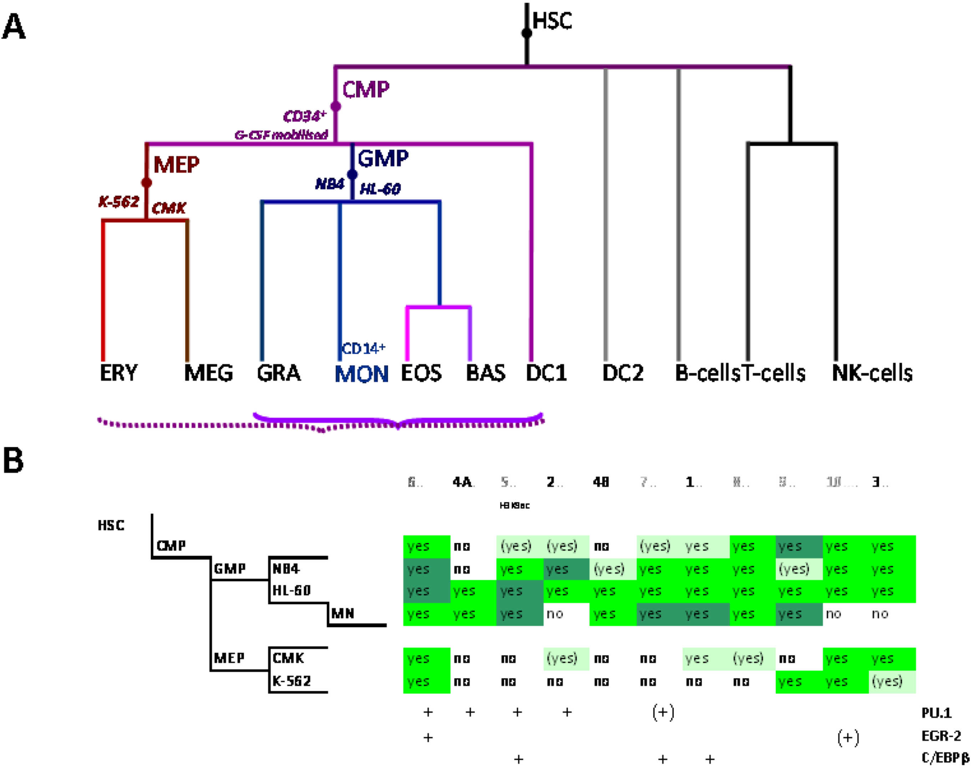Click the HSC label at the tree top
[552, 21]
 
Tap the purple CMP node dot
[335, 106]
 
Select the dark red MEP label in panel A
[176, 165]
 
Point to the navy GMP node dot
[352, 174]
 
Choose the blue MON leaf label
[361, 374]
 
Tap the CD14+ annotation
[363, 348]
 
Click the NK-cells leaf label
[872, 373]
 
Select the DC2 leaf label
[623, 373]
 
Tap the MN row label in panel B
[343, 613]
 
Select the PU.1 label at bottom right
[936, 713]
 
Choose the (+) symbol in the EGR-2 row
[848, 737]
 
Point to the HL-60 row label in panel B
[291, 590]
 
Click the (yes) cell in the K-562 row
[887, 681]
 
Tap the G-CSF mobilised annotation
[282, 135]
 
